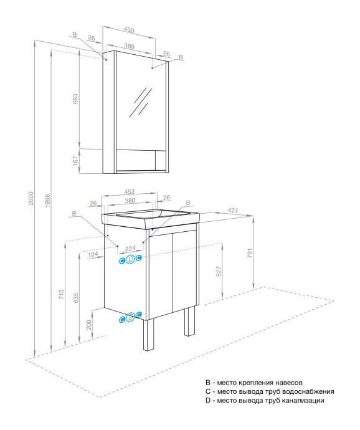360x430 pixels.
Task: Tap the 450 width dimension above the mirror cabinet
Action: [128, 29]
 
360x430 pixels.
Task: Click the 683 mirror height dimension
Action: [76, 99]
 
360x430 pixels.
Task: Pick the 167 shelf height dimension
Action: [76, 161]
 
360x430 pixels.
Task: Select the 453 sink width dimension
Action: [130, 192]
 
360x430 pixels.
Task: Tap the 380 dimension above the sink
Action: [130, 201]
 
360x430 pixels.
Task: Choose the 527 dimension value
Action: [220, 271]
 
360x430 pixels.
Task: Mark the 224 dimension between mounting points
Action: [130, 247]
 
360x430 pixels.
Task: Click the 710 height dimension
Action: [60, 295]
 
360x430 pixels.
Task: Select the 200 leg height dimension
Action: [89, 325]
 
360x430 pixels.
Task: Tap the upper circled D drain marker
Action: [130, 259]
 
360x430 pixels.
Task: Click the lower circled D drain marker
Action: [130, 318]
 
